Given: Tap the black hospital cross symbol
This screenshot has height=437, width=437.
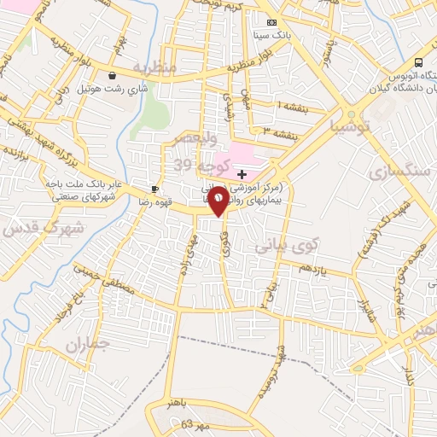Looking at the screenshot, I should pos(242,173).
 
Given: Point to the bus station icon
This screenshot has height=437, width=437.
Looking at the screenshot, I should pos(418,62).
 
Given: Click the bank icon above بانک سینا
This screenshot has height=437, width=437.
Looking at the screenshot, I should pos(272,22).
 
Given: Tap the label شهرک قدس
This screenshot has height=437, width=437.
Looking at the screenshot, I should pos(42,228).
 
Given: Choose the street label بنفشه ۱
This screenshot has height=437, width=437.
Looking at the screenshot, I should pos(291,107).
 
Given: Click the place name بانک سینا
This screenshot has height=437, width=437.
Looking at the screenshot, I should pos(272,36).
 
